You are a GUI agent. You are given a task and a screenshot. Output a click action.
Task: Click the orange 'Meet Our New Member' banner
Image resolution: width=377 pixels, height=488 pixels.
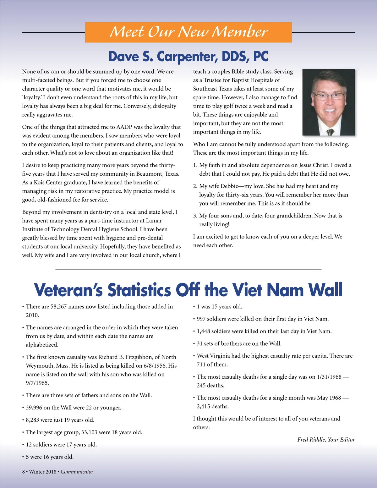coord(188,32)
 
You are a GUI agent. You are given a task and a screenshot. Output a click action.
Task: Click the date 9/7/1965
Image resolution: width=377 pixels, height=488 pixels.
coord(37,383)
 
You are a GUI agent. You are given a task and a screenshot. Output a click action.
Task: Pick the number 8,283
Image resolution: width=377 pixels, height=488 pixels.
coord(32,420)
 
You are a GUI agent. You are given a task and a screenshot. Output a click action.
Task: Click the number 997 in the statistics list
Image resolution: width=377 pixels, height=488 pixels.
coord(201,319)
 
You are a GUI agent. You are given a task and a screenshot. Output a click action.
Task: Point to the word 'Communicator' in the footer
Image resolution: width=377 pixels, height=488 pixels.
coord(77,472)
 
